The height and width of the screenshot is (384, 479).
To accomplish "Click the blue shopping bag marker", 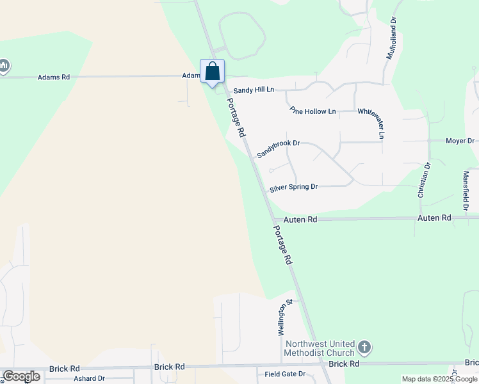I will click(x=213, y=72).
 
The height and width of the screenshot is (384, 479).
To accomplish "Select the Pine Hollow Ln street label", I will click(x=313, y=111).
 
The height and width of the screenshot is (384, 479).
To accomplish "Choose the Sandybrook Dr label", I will click(x=279, y=149).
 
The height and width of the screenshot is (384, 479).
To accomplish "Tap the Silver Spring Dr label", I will click(x=293, y=187).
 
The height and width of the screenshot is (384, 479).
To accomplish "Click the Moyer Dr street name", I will click(x=460, y=141).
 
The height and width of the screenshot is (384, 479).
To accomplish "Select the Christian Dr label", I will click(x=425, y=179).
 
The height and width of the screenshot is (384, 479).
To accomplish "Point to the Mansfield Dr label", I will click(x=466, y=191).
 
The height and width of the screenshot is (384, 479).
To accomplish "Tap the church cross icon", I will click(x=364, y=348).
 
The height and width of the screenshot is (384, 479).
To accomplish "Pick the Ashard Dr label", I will click(x=89, y=378).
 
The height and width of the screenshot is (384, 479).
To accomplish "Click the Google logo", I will click(x=22, y=376).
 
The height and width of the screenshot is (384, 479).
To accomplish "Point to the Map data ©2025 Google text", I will click(x=439, y=379).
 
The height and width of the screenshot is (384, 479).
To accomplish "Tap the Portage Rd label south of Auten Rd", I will click(x=282, y=245).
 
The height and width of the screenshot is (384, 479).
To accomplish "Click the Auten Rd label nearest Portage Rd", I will click(x=300, y=220).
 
